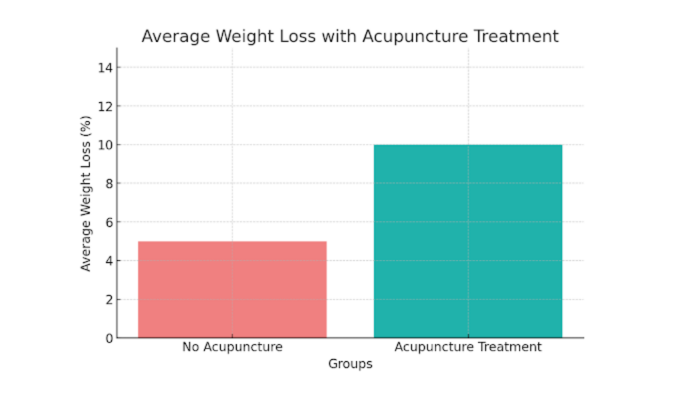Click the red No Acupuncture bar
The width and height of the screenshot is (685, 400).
click(x=232, y=289)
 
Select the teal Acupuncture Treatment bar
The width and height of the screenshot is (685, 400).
click(x=468, y=241)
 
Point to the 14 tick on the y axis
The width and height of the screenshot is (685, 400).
click(x=105, y=68)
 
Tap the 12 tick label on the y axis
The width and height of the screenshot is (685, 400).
click(x=105, y=106)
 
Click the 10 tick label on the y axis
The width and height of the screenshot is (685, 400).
click(x=105, y=145)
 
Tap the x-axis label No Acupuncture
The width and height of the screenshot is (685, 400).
click(x=232, y=347)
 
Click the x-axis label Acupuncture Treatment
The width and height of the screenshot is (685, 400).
click(x=468, y=347)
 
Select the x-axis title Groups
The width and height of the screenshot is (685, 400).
click(x=350, y=365)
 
